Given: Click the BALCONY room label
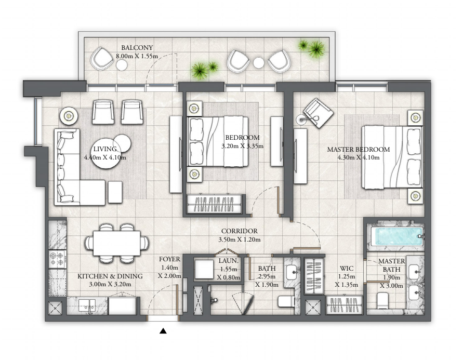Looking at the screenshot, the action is pos(137,47).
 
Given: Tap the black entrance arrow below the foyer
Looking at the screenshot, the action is pos(163,331).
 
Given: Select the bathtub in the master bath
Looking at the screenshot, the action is pos(399,236).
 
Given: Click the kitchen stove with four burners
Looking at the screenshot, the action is pos(57,259).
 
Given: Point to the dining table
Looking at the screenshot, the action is pos(116,243).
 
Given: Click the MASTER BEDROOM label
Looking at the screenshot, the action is pos(359,149).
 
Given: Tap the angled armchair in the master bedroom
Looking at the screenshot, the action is pos(319,113).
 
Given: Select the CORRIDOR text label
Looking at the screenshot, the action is pos(240,231).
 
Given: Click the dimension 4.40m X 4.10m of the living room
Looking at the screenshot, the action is pos(105,157).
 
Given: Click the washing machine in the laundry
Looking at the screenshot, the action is pos(204,269).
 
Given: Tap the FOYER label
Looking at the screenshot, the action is pos(169,259).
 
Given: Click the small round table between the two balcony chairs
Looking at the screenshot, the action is pos(259,62).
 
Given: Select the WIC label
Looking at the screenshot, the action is pos(347,268).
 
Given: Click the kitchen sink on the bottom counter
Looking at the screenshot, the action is pos(88,305).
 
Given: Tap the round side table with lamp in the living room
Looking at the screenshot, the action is pos(69,116).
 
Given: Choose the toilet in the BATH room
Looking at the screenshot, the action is pos(286,301).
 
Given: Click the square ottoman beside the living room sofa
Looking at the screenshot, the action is pos(115,192).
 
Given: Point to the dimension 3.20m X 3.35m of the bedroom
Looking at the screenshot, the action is pos(243,146).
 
